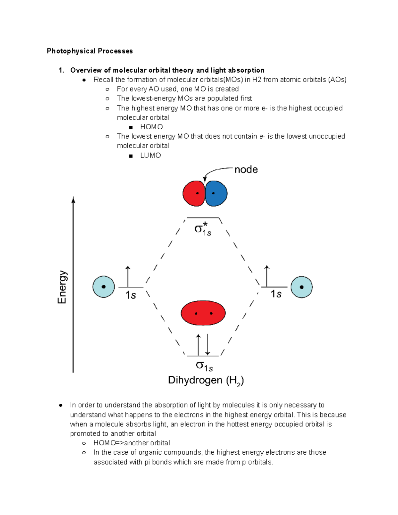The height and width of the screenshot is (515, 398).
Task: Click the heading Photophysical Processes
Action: click(90, 51)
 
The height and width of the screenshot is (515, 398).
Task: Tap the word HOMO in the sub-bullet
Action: click(151, 127)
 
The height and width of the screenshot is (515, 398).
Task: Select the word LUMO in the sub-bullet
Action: click(151, 156)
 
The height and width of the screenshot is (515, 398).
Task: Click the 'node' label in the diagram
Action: click(246, 169)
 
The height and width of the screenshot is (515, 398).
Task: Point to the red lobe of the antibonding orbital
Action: click(193, 193)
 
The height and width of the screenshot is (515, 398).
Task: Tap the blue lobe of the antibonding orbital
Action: click(216, 193)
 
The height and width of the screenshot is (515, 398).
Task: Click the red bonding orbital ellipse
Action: click(203, 313)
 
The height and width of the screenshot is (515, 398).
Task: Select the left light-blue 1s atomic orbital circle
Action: click(103, 287)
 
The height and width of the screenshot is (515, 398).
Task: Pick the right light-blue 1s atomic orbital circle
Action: click(301, 287)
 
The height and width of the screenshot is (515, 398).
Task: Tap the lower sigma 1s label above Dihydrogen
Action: click(204, 366)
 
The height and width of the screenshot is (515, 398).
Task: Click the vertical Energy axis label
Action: click(62, 287)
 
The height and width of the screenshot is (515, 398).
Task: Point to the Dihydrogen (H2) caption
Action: click(206, 380)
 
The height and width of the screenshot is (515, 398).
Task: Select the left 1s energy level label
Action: click(131, 295)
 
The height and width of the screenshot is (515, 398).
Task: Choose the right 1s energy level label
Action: click(276, 294)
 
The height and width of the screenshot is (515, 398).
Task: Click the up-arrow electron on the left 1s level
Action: click(128, 276)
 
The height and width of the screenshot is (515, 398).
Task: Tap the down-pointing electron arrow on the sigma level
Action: click(208, 345)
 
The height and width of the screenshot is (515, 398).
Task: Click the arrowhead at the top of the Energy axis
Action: click(73, 200)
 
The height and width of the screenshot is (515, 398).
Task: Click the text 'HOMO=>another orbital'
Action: click(132, 443)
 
